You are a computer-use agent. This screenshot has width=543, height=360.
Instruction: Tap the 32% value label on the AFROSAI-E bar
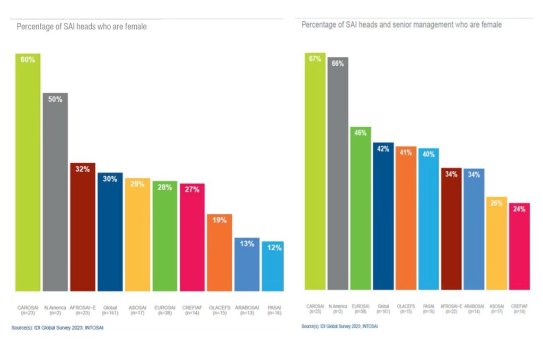82,170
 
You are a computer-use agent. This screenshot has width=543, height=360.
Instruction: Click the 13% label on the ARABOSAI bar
247,244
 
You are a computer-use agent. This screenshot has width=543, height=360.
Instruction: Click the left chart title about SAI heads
82,27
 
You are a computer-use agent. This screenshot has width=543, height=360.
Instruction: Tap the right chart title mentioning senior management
401,25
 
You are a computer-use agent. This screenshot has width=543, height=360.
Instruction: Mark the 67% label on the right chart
315,59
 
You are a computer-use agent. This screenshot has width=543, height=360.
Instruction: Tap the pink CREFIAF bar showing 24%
519,247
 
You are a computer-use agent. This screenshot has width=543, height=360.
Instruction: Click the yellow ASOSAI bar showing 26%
497,243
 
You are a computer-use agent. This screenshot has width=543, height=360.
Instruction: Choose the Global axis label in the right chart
383,308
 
